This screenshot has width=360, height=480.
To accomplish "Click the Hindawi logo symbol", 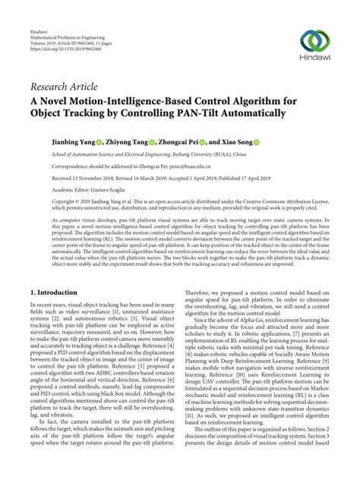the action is [315, 41].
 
